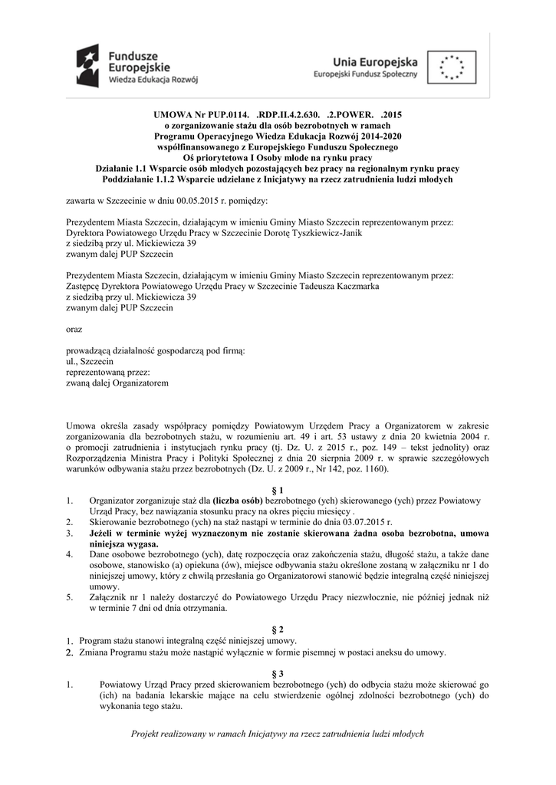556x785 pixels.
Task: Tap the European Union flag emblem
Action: tap(453, 66)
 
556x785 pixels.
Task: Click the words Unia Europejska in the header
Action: tap(376, 61)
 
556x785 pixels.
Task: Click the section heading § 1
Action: tap(278, 489)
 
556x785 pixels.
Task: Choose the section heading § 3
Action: tap(278, 672)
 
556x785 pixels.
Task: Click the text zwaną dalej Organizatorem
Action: tap(117, 383)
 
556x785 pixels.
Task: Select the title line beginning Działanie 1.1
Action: tap(277, 168)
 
